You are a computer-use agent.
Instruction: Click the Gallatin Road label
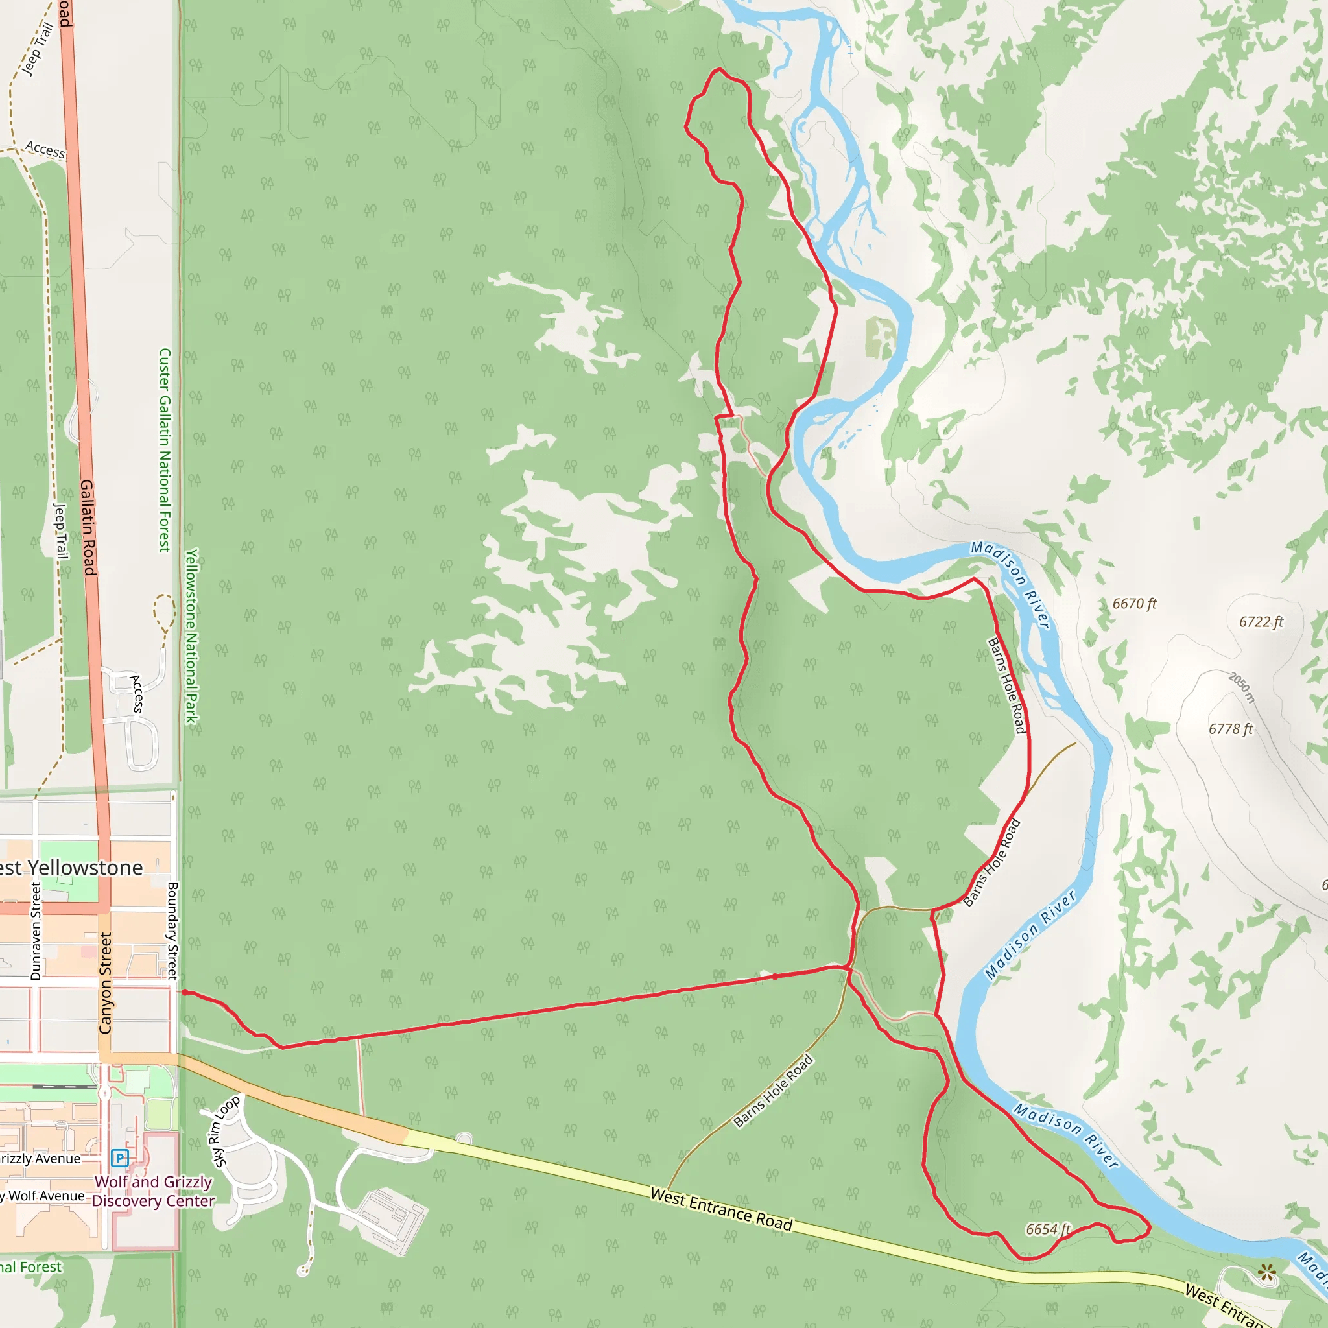coord(88,527)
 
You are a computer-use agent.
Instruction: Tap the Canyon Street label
coord(105,983)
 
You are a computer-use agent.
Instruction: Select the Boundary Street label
coord(172,931)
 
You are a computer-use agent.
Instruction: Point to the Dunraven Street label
coord(36,931)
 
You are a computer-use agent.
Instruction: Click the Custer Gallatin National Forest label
coord(164,449)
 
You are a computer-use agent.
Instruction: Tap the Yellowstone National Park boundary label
coord(191,636)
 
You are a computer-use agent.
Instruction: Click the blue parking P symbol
coord(119,1158)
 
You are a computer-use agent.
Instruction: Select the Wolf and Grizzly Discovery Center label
coord(153,1191)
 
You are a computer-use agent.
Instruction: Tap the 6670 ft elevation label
coord(1135,604)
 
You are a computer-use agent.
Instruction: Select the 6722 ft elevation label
coord(1261,621)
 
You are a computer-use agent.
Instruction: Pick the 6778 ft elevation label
coord(1231,729)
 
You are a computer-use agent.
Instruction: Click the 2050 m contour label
coord(1242,687)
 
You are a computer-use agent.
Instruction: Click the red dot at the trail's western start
coord(184,993)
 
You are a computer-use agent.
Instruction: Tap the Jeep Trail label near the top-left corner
coord(37,49)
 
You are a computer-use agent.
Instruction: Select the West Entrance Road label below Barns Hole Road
coord(721,1210)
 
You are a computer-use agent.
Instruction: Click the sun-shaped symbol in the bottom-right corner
coord(1267,1273)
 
